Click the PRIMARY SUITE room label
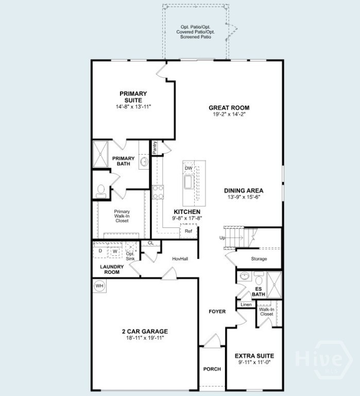coord(133,96)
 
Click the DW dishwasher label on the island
coord(188,168)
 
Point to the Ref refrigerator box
coord(188,232)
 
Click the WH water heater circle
coord(98,285)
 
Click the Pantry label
coord(155,147)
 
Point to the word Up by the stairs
coord(222,238)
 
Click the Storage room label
coord(259,259)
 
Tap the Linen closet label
coord(246,305)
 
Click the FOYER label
coord(217,311)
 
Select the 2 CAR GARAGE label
coord(145,332)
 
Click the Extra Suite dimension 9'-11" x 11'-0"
coord(254,362)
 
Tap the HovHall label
coord(180,258)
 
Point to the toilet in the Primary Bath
coord(101,190)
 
